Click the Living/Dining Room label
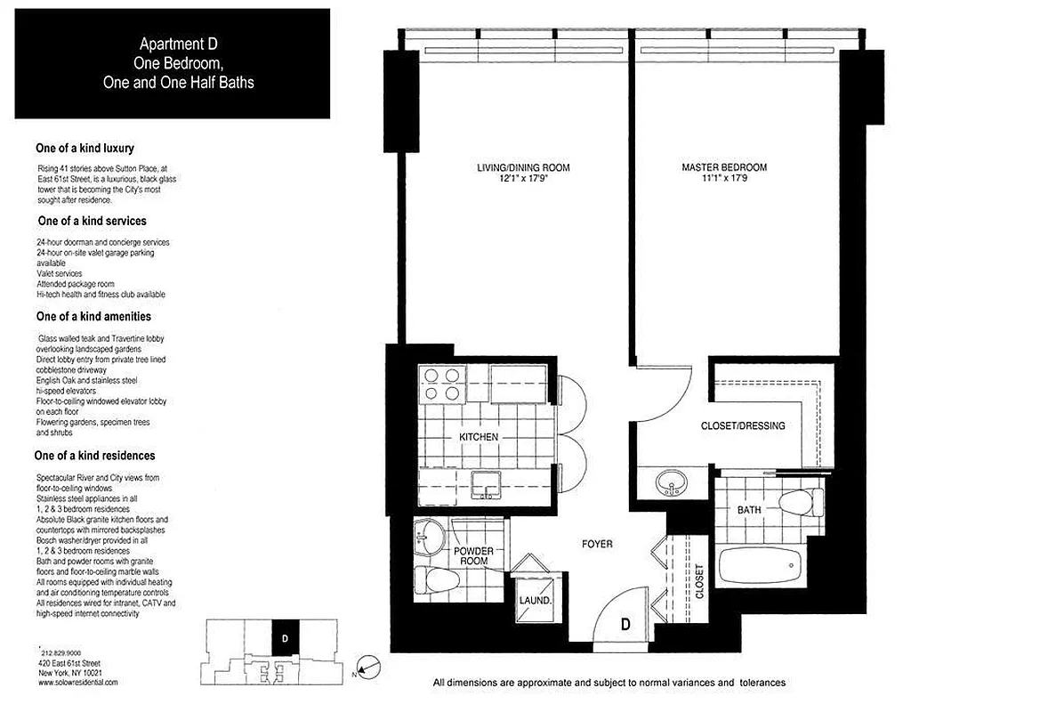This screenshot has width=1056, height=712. coord(522,167)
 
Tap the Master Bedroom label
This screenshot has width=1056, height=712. coord(723,167)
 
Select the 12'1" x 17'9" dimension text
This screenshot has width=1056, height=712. coord(522,178)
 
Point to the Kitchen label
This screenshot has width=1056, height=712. coord(478,437)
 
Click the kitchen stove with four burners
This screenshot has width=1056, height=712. coord(442,384)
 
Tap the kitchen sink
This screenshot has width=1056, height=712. coord(488,482)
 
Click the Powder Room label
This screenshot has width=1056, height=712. coord(473,557)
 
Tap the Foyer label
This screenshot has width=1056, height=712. coord(596,544)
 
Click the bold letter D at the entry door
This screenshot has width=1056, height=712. coord(625,625)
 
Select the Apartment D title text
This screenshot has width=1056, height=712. coord(172,43)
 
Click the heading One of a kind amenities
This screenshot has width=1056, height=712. coord(93,316)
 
